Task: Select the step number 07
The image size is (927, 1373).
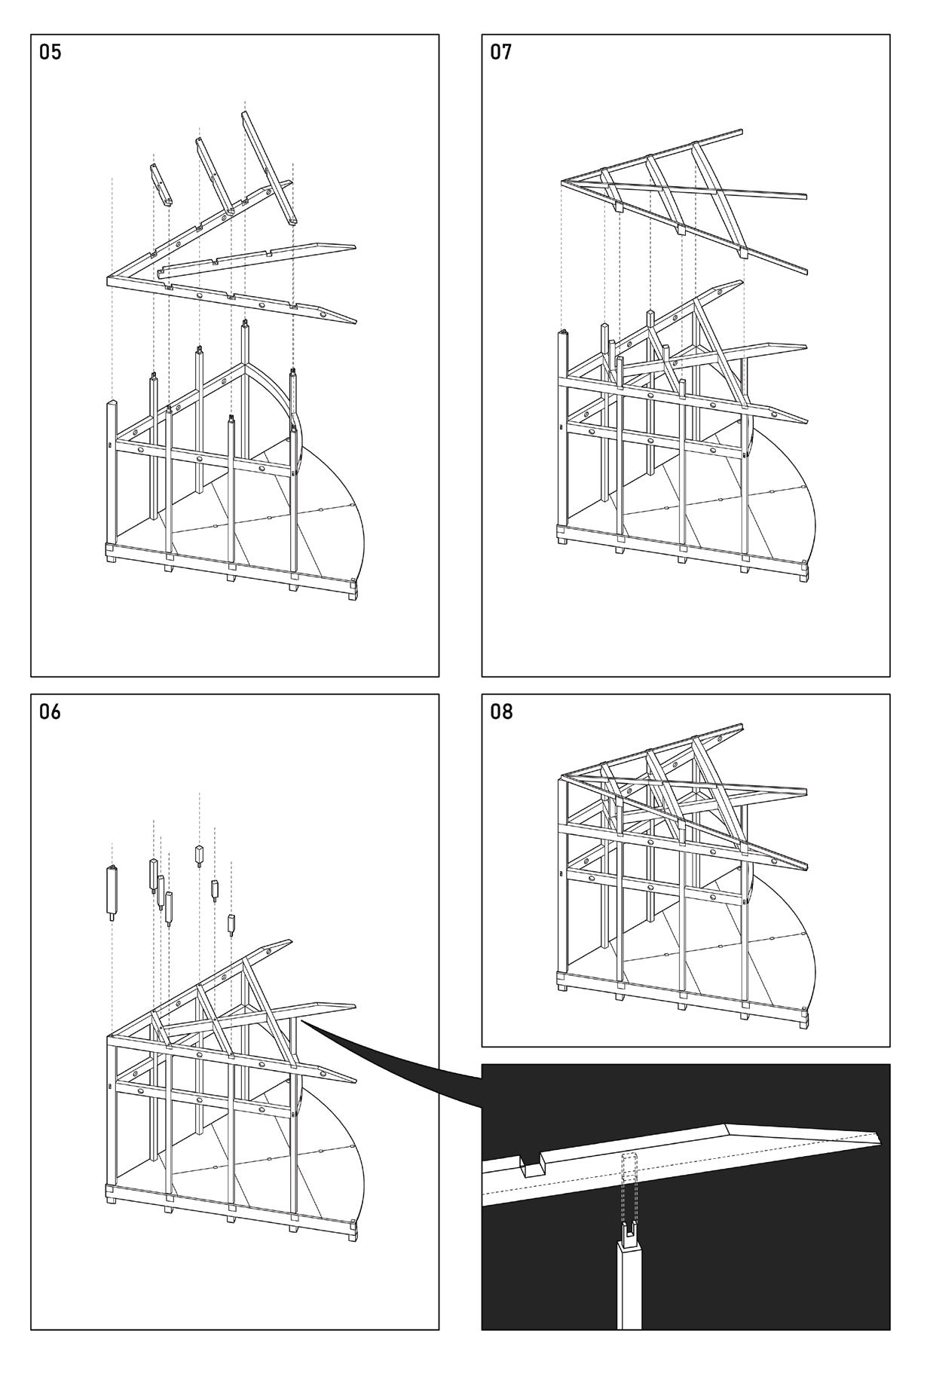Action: [500, 53]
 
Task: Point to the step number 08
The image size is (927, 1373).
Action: [500, 711]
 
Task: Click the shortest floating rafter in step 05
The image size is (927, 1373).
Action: [161, 183]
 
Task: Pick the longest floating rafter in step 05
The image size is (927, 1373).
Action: [268, 168]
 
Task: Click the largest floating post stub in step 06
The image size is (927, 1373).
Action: [112, 891]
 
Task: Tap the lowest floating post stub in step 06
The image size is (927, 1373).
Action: [231, 924]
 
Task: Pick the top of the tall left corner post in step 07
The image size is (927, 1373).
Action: [561, 332]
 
